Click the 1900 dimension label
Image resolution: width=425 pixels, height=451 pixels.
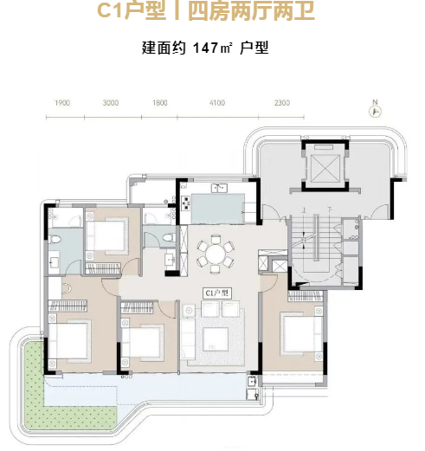pos(62,103)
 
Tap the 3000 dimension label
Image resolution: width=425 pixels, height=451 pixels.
pos(111,103)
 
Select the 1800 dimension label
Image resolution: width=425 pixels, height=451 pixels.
pos(160,103)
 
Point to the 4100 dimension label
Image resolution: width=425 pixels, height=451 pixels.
pos(217,103)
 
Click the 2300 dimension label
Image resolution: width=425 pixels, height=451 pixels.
pos(282,103)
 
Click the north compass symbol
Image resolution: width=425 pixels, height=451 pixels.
pos(376,112)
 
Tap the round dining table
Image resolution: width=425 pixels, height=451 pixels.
pos(216,254)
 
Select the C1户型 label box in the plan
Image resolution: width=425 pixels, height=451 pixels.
pos(217,293)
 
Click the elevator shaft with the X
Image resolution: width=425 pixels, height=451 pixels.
pos(325,168)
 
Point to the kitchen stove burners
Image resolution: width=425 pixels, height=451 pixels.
pos(185,203)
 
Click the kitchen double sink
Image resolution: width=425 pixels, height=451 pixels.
pos(219,188)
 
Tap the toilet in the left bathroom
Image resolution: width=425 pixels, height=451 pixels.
pos(55,239)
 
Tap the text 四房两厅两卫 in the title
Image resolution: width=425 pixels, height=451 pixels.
pos(251,10)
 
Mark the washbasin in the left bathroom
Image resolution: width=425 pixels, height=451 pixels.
pos(54,261)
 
